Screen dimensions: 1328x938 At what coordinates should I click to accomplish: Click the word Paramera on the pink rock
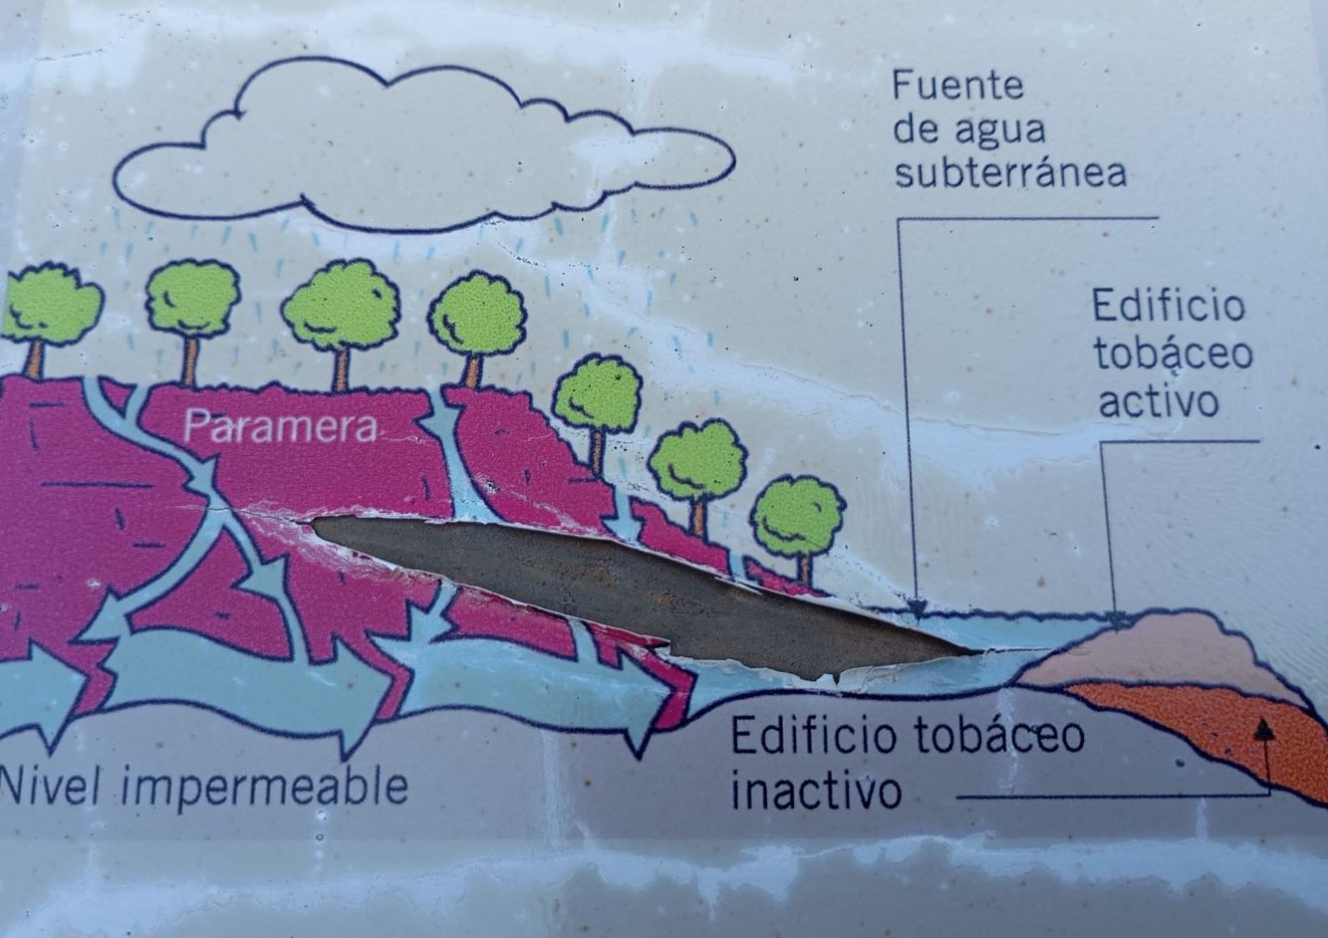279,426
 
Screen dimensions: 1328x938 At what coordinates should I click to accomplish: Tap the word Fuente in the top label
958,86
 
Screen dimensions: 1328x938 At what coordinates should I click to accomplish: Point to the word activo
1159,401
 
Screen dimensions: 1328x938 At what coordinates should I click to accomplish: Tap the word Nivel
54,784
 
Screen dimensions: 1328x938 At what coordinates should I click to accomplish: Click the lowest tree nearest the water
799,522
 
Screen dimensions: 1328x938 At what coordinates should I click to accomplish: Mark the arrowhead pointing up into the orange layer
1264,728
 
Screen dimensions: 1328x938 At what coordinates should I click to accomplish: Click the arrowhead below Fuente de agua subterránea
918,606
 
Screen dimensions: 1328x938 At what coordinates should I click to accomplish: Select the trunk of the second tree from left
190,361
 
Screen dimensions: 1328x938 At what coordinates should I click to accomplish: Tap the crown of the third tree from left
341,307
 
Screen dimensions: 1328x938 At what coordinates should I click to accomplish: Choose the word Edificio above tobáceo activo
1169,305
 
